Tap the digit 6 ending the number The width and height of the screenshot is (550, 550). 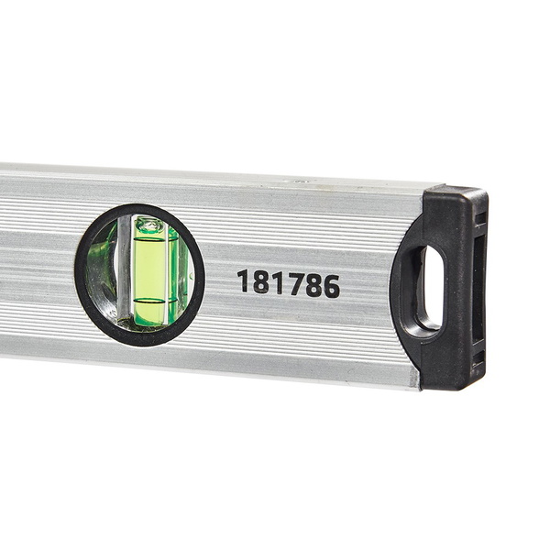(x=331, y=286)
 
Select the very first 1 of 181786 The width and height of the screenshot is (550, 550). (x=244, y=280)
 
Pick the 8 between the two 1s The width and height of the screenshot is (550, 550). (x=260, y=281)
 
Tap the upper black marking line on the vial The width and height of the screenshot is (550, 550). (x=151, y=239)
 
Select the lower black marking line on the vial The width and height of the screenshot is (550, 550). (x=151, y=301)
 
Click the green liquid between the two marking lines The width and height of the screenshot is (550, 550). (x=150, y=270)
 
